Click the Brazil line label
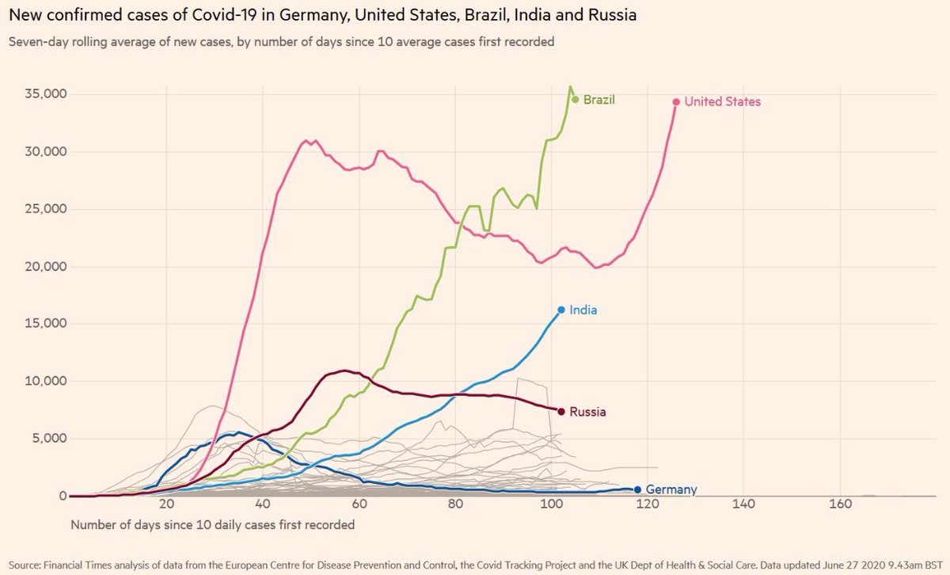coord(599,100)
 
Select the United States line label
coord(722,101)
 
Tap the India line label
coord(583,310)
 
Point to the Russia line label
coord(587,412)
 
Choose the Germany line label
coord(671,489)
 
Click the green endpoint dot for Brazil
coord(576,100)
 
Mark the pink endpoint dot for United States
coord(676,101)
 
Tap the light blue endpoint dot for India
coord(561,310)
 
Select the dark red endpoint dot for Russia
coord(561,411)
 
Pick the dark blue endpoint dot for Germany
coord(637,489)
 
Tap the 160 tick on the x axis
coord(839,505)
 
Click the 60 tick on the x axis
coord(359,505)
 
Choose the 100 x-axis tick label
coord(551,505)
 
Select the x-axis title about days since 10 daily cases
coord(212,524)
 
